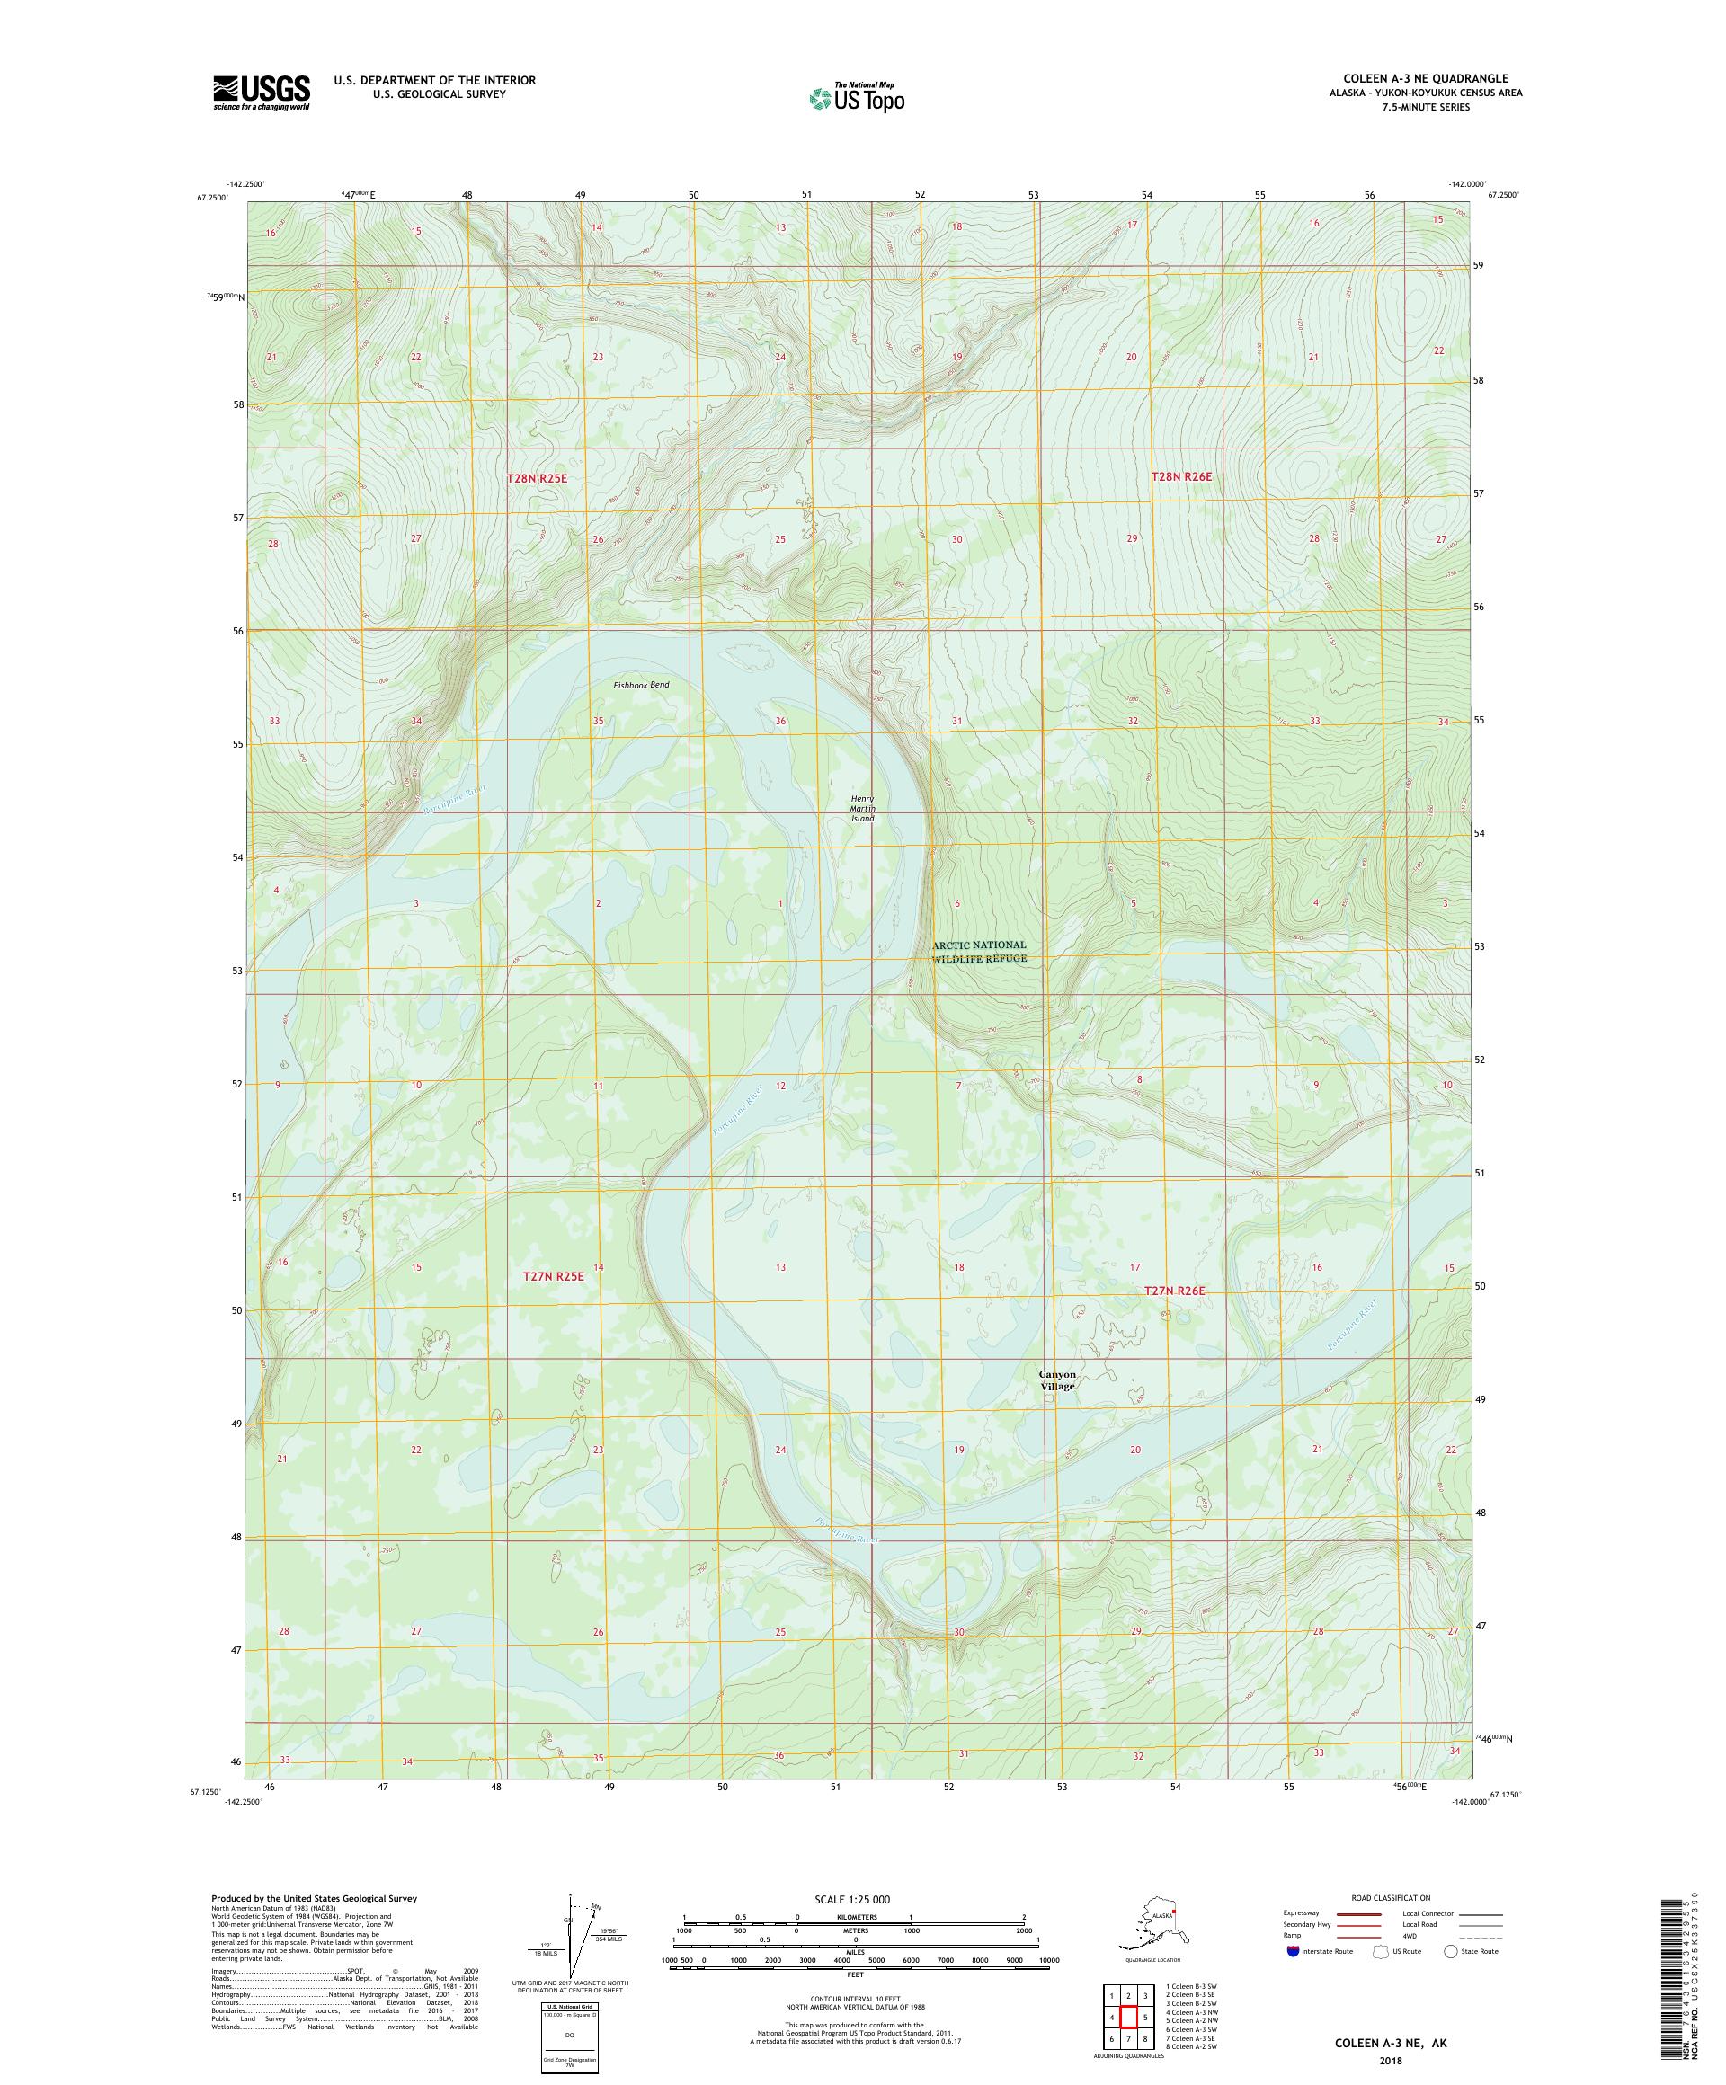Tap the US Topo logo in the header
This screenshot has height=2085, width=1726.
point(856,97)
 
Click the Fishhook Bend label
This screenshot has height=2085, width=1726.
point(641,685)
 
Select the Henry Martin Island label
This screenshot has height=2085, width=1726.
point(862,808)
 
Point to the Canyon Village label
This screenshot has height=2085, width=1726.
point(1058,1380)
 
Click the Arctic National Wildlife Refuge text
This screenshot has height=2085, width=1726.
point(979,951)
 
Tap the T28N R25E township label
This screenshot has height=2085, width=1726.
point(537,478)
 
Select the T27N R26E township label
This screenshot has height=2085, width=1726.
point(1174,1291)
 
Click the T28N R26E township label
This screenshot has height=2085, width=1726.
point(1181,476)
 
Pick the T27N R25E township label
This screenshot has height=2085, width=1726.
point(553,1277)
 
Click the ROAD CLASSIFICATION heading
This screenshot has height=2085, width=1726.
point(1391,1897)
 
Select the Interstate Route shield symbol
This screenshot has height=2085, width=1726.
point(1292,1951)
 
